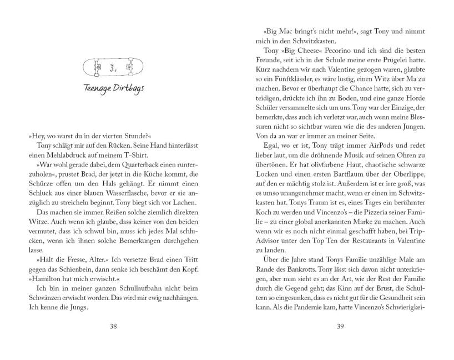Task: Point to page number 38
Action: click(113, 326)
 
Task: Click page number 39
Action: click(340, 326)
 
